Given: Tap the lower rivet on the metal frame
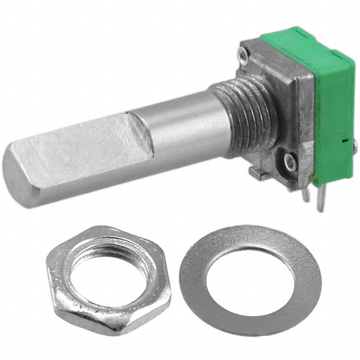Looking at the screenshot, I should click(x=289, y=162).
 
